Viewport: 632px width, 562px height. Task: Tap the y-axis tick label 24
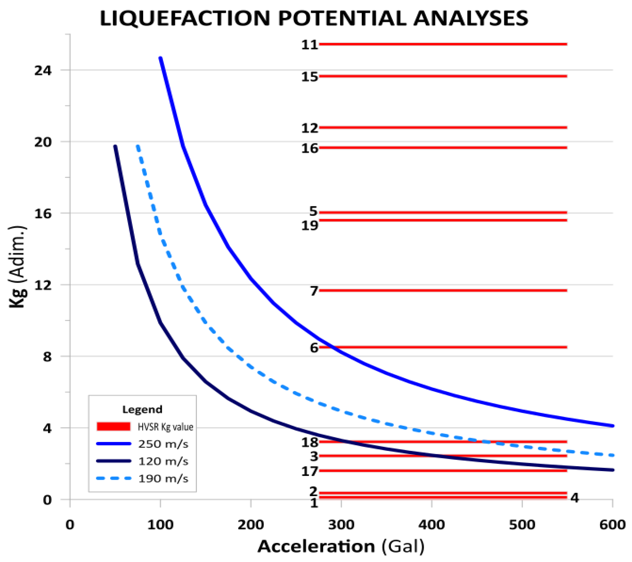[43, 71]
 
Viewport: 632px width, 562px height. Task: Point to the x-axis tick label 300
[341, 525]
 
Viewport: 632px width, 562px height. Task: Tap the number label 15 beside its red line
[310, 77]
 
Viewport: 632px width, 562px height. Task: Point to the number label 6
[314, 348]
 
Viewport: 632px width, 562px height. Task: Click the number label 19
[310, 226]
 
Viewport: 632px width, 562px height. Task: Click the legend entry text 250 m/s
[163, 444]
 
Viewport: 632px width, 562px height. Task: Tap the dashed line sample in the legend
[113, 479]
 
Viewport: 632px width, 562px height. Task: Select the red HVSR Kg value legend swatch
[113, 427]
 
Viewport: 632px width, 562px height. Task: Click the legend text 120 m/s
[163, 461]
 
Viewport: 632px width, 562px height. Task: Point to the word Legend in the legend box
[142, 409]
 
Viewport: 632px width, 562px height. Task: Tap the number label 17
[310, 471]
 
